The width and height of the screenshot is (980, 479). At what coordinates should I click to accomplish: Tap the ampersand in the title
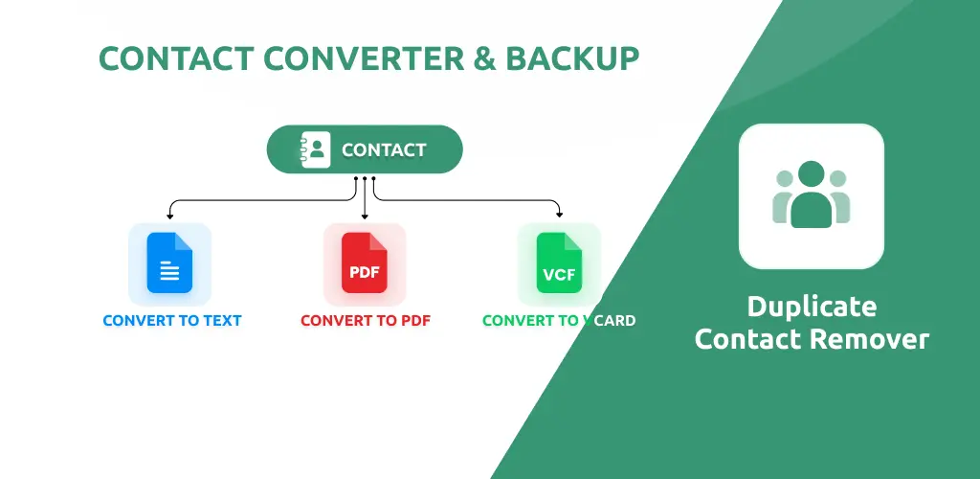pos(485,58)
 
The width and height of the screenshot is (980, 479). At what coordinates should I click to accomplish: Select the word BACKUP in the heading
pos(572,58)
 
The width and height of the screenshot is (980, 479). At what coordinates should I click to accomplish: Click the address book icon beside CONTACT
pos(315,149)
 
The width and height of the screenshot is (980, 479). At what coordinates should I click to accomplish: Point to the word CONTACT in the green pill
pos(384,150)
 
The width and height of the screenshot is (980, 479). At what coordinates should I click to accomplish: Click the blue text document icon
pos(170,262)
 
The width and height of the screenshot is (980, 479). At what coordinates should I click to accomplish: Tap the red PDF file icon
pos(365,262)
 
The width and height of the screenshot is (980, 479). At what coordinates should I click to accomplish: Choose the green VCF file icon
pos(559,262)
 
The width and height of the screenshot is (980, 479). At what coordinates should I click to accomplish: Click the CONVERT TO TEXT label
pos(172,321)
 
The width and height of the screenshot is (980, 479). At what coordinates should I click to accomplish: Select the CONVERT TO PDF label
pos(366,321)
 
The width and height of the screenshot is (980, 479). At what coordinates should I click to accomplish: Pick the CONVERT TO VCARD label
pos(559,321)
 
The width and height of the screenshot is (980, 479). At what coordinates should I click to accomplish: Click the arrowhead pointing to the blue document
pos(170,216)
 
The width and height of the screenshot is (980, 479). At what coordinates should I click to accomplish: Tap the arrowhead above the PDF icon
pos(365,216)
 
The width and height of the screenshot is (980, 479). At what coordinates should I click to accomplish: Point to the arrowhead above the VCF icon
pos(559,215)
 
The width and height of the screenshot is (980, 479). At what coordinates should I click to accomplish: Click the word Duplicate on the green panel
pos(812,307)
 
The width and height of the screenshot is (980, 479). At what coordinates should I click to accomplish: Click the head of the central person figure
pos(812,174)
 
